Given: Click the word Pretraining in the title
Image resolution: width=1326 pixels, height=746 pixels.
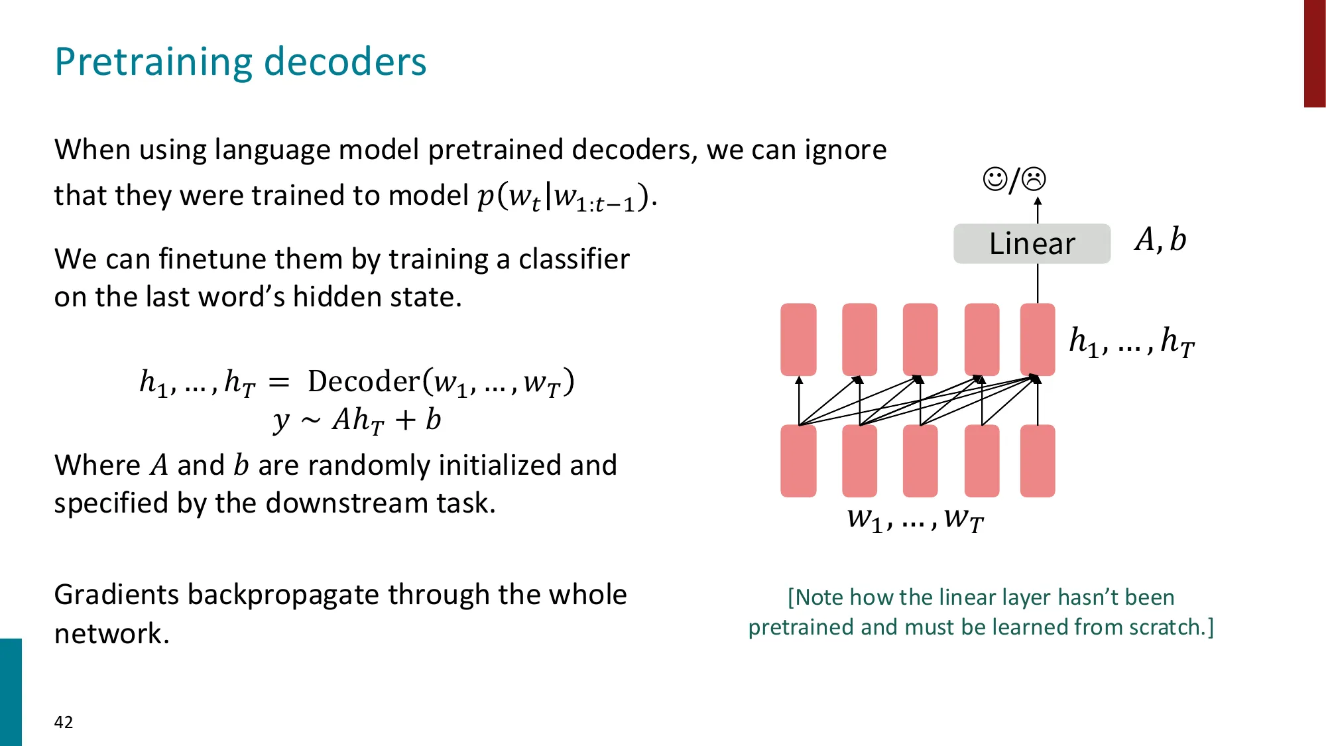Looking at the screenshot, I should (154, 62).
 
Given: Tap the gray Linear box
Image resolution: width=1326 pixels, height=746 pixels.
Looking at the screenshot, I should (1032, 243).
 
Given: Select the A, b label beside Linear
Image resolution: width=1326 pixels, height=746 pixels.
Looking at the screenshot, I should (1160, 239).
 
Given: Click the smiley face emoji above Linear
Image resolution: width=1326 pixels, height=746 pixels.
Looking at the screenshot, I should (994, 179).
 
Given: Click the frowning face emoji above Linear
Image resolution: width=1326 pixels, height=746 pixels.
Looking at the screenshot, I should (1034, 179).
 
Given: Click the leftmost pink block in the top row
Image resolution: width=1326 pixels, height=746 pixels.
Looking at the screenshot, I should (798, 340).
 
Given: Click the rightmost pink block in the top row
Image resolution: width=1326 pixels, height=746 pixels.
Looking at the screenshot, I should (1038, 340).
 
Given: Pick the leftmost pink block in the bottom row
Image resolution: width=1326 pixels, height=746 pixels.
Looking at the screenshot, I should (798, 461).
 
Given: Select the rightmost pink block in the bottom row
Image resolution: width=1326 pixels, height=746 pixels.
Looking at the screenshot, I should (1038, 461).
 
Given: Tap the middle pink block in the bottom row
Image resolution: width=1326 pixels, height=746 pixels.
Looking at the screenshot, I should (920, 461).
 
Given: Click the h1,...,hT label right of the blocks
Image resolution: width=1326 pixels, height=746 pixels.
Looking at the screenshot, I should (1131, 342).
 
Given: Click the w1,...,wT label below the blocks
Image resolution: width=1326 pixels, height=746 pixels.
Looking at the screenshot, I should (915, 519).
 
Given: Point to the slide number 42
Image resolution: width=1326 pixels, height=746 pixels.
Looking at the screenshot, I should (64, 722).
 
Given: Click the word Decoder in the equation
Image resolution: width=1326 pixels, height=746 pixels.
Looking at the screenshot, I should (363, 381).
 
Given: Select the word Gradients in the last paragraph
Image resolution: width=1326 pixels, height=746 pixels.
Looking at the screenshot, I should (116, 595).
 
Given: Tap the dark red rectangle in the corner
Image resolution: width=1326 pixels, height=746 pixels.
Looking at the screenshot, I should (1315, 53).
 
